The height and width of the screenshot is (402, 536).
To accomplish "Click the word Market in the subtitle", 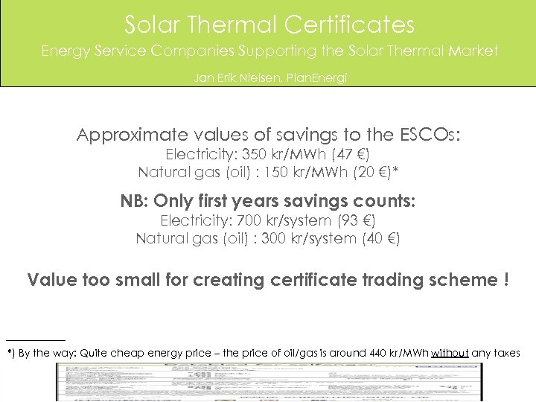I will coord(471,51).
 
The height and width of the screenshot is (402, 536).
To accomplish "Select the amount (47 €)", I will coord(352,155).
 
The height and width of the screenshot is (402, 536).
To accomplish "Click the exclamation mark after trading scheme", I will coord(506,280).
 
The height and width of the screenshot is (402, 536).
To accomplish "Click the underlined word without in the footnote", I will coord(450,353).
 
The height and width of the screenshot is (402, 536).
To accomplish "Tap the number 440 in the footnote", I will coord(378,353).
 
